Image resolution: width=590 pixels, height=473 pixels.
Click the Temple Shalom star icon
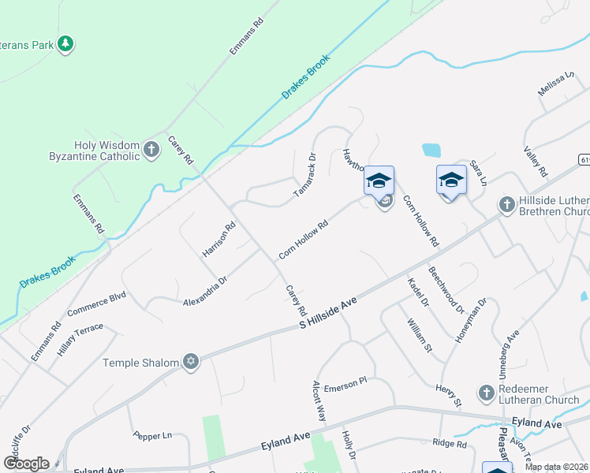pyautogui.click(x=189, y=363)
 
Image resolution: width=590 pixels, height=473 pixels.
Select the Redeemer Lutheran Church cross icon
pyautogui.click(x=487, y=392)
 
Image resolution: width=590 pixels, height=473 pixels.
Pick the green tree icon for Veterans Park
pyautogui.click(x=66, y=43)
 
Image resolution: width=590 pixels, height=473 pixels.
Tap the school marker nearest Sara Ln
pyautogui.click(x=451, y=181)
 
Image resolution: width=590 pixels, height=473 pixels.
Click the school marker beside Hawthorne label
pyautogui.click(x=379, y=181)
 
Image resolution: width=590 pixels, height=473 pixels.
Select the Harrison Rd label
pyautogui.click(x=219, y=240)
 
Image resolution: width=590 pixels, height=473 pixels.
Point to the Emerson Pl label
pyautogui.click(x=351, y=380)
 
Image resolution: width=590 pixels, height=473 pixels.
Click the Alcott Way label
pyautogui.click(x=319, y=403)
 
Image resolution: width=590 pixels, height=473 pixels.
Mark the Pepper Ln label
pyautogui.click(x=152, y=435)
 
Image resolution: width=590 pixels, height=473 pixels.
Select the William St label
pyautogui.click(x=420, y=334)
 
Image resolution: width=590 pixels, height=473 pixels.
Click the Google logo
pyautogui.click(x=26, y=464)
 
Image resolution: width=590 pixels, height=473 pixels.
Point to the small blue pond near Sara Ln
pyautogui.click(x=431, y=149)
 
